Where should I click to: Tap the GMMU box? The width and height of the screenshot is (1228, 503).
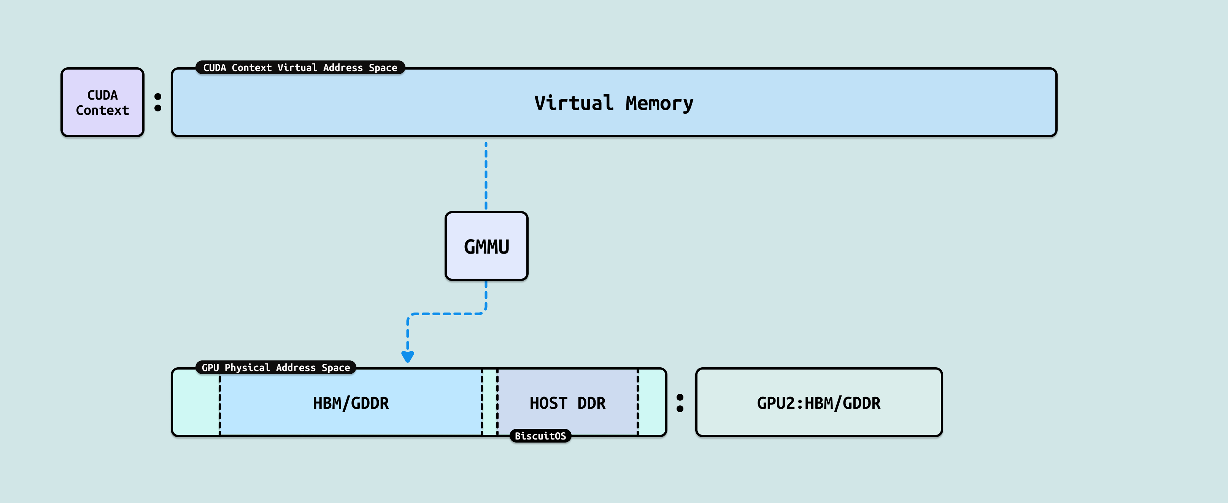[x=486, y=246]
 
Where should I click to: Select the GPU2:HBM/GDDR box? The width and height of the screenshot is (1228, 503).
[x=818, y=402]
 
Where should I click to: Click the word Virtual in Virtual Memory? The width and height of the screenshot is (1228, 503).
[x=573, y=103]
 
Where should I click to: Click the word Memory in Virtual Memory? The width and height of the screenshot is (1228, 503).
[x=659, y=103]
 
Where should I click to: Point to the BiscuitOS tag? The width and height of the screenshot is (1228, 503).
[x=540, y=436]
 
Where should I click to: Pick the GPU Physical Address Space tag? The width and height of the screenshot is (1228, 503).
[x=276, y=368]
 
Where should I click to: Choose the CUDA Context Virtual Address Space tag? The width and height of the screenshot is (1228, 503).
[x=300, y=68]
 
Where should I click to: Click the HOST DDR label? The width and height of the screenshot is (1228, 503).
[x=567, y=403]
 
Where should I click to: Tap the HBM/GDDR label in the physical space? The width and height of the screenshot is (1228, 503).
[x=351, y=403]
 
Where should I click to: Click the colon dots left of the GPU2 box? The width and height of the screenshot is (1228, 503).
[x=680, y=403]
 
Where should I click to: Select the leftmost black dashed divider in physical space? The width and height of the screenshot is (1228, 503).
[x=220, y=405]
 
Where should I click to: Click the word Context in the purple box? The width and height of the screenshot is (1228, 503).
[x=103, y=111]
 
